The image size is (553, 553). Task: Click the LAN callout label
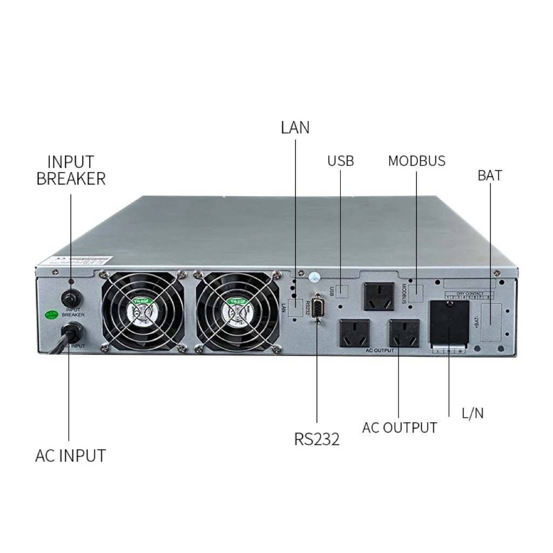(x=295, y=127)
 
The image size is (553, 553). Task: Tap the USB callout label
(x=340, y=161)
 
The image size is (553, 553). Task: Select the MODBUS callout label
(x=416, y=161)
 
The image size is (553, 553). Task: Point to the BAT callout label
(x=489, y=176)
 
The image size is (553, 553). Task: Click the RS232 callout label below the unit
(x=316, y=439)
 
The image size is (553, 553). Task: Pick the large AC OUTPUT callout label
(x=399, y=428)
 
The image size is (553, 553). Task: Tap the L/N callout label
(x=473, y=414)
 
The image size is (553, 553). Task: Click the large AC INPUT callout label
(x=70, y=455)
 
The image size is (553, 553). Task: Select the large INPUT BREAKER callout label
(x=71, y=170)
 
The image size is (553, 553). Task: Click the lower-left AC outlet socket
(x=354, y=333)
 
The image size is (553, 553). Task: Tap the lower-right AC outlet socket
(x=404, y=333)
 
